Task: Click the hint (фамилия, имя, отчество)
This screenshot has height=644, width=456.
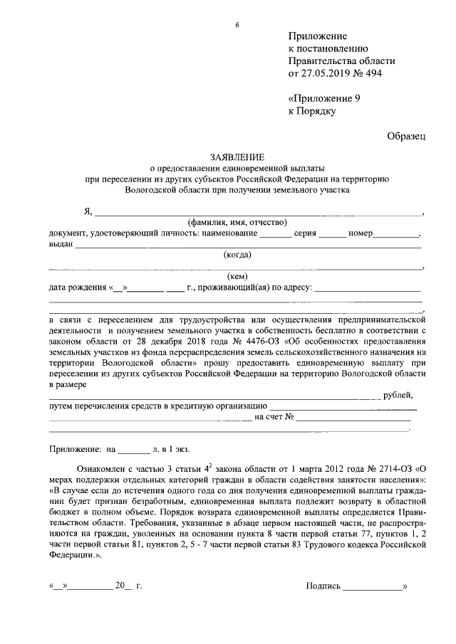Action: pos(236,222)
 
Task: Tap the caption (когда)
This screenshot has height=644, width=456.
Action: pos(237,254)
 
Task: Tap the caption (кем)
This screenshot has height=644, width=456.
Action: pos(237,276)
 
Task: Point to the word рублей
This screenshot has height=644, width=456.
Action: pos(398,395)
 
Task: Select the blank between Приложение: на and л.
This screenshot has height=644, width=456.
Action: pos(133,450)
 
